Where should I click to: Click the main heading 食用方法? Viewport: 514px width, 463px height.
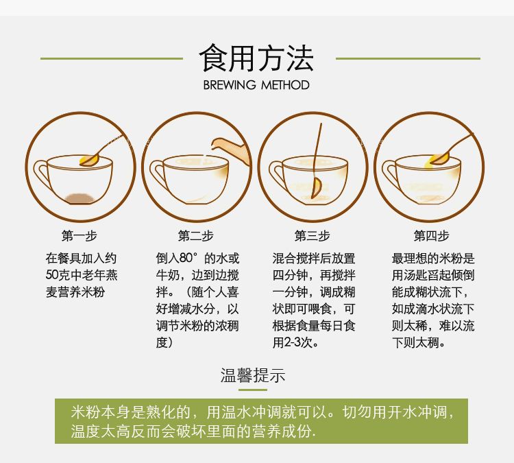256,58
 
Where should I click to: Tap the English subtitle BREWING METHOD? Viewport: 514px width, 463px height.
256,85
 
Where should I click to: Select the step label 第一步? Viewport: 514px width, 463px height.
79,235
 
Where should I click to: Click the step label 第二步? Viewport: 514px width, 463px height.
196,235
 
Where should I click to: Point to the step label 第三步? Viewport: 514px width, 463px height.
312,235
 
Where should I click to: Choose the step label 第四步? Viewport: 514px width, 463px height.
431,235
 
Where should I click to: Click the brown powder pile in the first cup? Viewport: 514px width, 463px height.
80,198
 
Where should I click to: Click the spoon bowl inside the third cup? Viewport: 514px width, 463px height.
317,188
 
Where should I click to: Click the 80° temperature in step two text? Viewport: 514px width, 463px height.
189,258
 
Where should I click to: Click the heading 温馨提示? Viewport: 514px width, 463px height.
253,375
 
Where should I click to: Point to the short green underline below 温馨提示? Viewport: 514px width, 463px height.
253,390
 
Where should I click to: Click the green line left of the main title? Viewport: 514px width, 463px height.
112,58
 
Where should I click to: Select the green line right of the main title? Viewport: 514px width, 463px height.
408,58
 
